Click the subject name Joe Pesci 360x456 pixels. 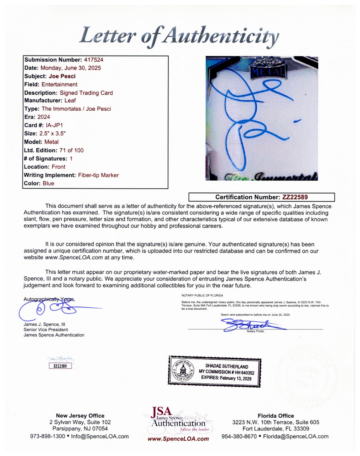[x=63, y=76]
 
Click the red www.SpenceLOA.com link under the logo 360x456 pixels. [x=178, y=439]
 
